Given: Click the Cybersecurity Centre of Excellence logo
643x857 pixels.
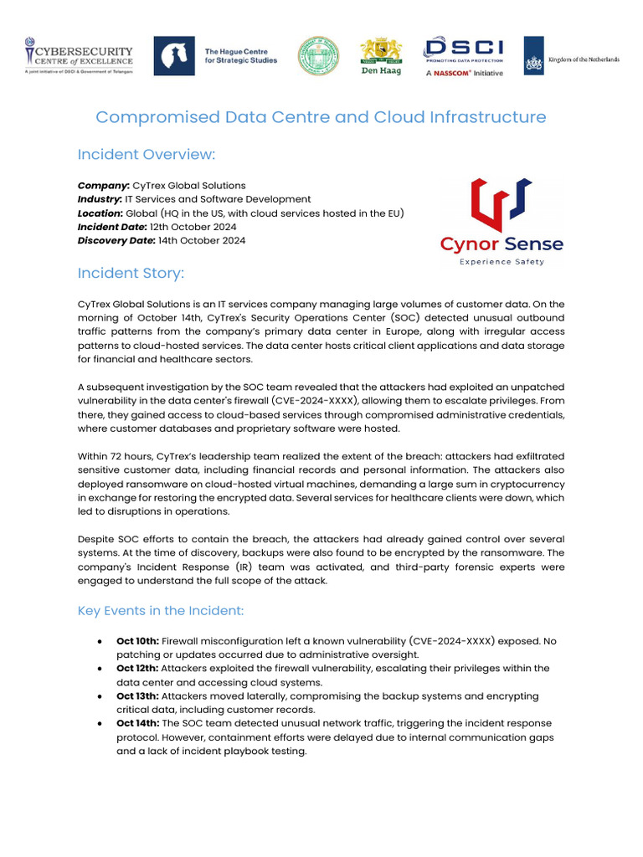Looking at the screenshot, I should (x=79, y=55).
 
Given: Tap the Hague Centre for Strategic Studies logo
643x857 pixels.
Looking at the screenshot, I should (x=215, y=55).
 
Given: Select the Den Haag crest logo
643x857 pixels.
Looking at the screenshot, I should (x=380, y=56).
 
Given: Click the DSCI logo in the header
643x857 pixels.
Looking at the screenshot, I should (x=463, y=55).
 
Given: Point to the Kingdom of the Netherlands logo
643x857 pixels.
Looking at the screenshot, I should (x=571, y=56).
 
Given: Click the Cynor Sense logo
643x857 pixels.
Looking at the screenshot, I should (x=502, y=222).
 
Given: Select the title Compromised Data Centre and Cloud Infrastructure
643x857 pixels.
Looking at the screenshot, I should (x=321, y=117).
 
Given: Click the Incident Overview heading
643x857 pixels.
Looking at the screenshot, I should (x=146, y=155).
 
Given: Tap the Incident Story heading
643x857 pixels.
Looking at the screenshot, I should (x=131, y=274).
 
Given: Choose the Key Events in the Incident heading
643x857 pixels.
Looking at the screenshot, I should (x=161, y=611).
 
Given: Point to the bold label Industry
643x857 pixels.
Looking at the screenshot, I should (x=100, y=199).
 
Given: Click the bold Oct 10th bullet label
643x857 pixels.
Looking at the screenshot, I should (x=136, y=641).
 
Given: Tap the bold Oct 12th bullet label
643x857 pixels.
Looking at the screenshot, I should (x=136, y=669).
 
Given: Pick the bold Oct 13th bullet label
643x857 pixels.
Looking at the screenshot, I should (x=136, y=696).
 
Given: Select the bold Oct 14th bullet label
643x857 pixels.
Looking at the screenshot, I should (x=136, y=723).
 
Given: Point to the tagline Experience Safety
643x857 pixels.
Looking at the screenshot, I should (x=502, y=262).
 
